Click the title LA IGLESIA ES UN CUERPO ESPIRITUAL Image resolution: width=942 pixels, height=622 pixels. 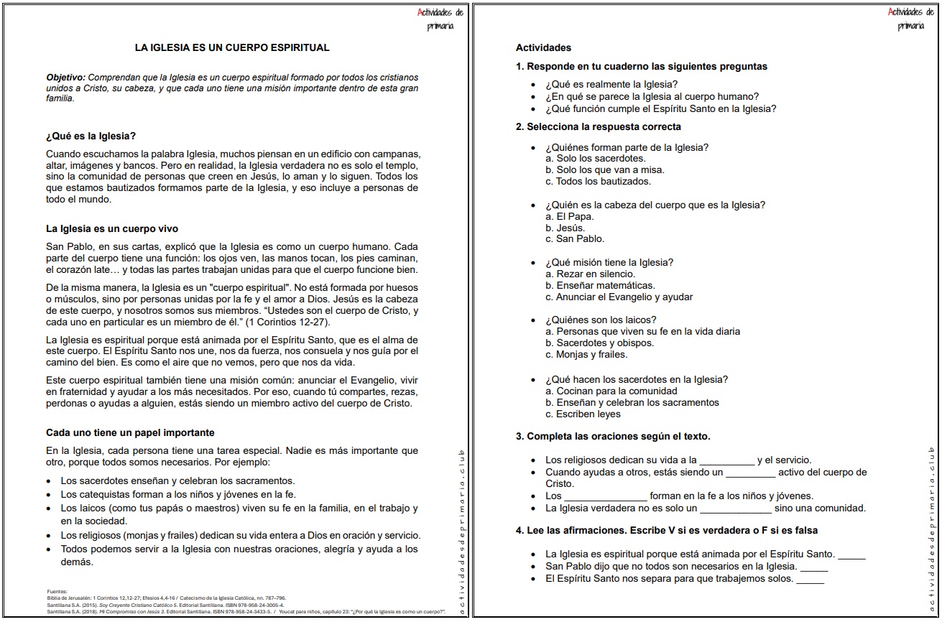tap(232, 47)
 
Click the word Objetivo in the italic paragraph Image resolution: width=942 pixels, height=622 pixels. tap(65, 77)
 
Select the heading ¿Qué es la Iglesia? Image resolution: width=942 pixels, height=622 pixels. tap(91, 136)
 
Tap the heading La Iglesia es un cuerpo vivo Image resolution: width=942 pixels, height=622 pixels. tap(111, 229)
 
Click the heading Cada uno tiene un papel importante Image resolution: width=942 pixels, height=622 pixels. tap(130, 432)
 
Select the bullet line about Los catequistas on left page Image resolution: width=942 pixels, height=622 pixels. tap(178, 494)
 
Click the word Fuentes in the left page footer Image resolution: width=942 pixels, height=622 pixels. tap(57, 591)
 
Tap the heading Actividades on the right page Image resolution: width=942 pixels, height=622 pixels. tap(543, 47)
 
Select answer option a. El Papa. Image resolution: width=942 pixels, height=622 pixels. tap(569, 216)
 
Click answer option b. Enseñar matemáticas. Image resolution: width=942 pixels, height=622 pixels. tap(600, 285)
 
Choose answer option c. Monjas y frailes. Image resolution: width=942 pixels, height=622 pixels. tap(586, 354)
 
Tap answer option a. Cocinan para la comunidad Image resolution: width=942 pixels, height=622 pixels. tap(611, 391)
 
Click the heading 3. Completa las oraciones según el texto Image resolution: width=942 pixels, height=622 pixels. tap(613, 436)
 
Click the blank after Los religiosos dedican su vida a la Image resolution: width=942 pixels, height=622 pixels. tap(726, 461)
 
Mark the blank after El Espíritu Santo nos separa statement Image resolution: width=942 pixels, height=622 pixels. tap(810, 580)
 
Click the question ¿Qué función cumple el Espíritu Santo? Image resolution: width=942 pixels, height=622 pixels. tap(660, 109)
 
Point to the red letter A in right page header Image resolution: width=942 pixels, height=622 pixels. tap(892, 12)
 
